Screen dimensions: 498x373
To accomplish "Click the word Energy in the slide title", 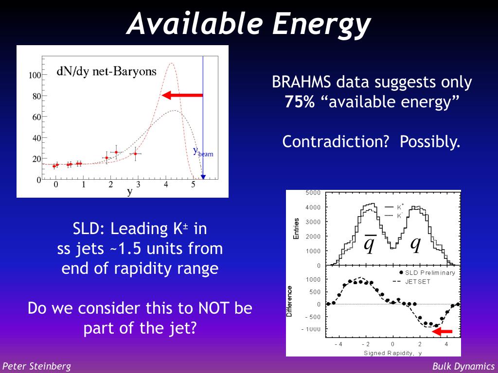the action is tap(321, 24).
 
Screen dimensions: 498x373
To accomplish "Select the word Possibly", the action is tap(430, 142).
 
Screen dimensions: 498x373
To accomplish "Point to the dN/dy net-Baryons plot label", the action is tap(107, 71).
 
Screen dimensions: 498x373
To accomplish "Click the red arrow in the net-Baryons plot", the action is tap(182, 95).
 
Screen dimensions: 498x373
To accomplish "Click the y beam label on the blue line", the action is tap(203, 152).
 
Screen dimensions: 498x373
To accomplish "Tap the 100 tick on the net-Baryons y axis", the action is tap(35, 75).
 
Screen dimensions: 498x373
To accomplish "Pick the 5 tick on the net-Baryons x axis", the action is tap(193, 184).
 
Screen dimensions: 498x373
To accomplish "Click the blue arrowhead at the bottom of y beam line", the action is tap(203, 177).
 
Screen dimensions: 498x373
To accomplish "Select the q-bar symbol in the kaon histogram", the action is tap(370, 244).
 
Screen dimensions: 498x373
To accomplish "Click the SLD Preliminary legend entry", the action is tap(427, 273).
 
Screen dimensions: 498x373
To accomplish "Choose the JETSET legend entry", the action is tap(412, 282).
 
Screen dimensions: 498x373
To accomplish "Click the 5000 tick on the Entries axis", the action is tap(313, 193).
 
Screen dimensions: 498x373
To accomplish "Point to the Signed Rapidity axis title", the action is tap(392, 353).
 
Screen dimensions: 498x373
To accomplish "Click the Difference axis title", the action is tap(289, 301).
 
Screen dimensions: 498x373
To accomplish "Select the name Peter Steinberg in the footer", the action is tap(36, 366).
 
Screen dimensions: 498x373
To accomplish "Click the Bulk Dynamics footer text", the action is tap(463, 366).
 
